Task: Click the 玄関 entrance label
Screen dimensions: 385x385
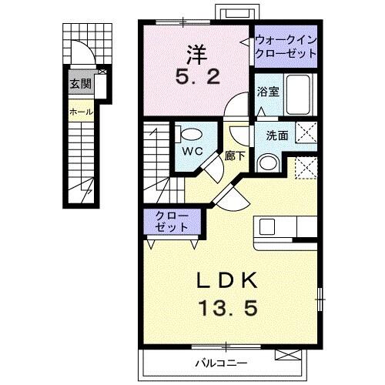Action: [x=80, y=85]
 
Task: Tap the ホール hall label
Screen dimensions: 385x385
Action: [x=81, y=112]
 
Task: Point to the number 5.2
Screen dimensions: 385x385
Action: [x=194, y=78]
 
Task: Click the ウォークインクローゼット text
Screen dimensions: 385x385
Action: [x=286, y=47]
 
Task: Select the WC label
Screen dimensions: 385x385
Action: [x=192, y=151]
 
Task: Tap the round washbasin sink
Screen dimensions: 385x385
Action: [x=266, y=162]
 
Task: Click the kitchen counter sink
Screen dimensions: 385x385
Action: [x=267, y=226]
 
